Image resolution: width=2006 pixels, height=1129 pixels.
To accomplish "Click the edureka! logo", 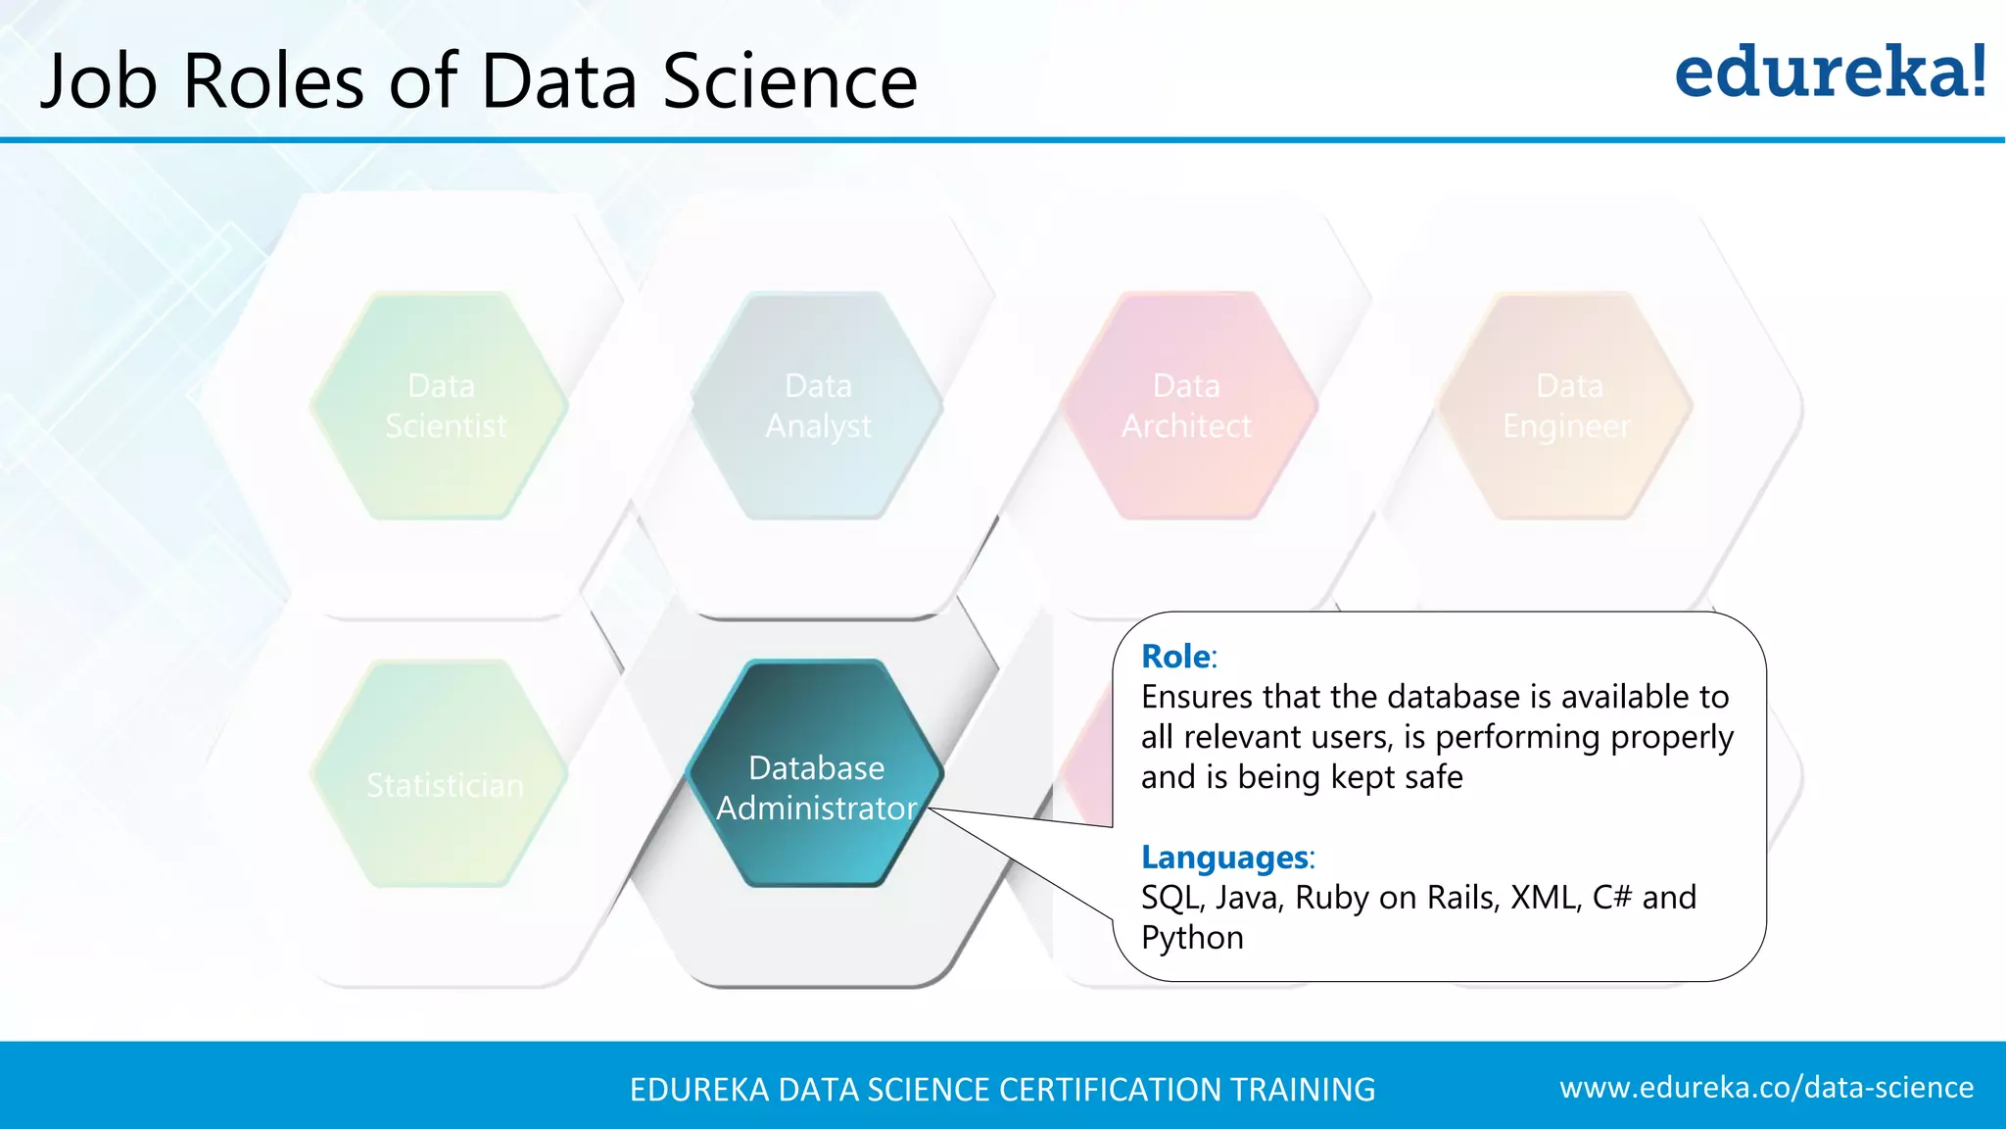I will [x=1830, y=73].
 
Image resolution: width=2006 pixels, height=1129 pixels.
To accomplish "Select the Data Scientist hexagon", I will [x=441, y=406].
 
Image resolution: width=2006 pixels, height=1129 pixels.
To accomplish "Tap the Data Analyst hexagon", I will [x=818, y=406].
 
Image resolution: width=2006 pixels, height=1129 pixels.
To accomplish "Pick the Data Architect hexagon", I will [x=1186, y=406].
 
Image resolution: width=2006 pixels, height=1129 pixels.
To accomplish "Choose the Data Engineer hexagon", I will [x=1566, y=406].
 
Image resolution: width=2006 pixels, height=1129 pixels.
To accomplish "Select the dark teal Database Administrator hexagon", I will [x=816, y=774].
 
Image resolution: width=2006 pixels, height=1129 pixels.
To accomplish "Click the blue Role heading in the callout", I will [x=1175, y=657].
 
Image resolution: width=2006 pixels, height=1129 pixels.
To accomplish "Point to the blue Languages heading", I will [x=1224, y=858].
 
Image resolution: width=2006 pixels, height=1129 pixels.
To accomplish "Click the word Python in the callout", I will [x=1192, y=938].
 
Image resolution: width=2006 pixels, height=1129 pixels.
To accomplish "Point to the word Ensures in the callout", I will [x=1197, y=697].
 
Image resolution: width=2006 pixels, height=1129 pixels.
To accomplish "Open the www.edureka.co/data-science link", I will [x=1766, y=1088].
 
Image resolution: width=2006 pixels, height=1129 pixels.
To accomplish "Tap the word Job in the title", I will [x=98, y=80].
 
